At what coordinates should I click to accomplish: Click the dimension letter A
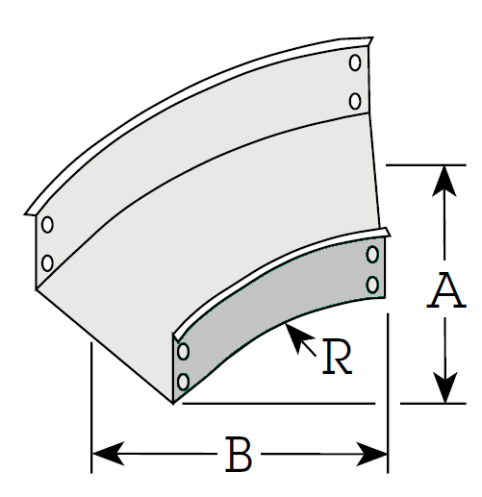(446, 290)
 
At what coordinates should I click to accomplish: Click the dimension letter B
(239, 454)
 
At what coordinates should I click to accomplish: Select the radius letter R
(337, 357)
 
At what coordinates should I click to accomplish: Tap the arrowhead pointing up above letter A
(444, 181)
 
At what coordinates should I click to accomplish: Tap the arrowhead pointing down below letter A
(444, 387)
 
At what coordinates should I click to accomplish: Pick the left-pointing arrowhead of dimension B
(108, 454)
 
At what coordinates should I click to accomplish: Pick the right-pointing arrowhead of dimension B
(372, 454)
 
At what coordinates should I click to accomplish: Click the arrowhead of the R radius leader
(297, 337)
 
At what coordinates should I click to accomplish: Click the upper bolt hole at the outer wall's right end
(355, 62)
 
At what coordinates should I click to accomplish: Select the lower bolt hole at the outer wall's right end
(355, 101)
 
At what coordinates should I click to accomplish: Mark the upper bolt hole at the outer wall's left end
(47, 225)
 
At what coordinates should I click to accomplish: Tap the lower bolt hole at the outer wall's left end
(47, 263)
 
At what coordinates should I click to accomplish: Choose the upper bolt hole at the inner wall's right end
(372, 255)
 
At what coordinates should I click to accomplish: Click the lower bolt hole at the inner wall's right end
(372, 285)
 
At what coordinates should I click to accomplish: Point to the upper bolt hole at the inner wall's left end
(183, 352)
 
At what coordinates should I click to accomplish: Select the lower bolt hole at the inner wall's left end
(183, 382)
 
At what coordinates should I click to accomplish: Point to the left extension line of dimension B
(91, 408)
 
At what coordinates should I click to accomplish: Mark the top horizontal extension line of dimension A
(426, 165)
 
